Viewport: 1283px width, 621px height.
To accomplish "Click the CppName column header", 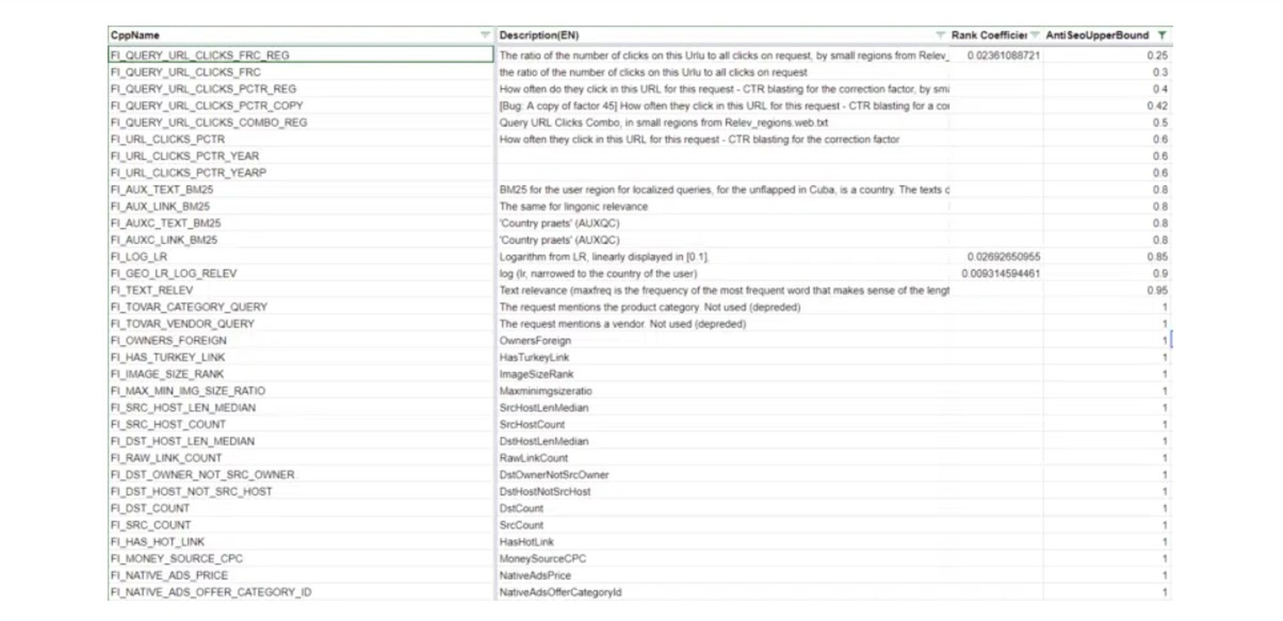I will pyautogui.click(x=135, y=35).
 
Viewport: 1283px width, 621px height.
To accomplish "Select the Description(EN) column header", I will pyautogui.click(x=539, y=35).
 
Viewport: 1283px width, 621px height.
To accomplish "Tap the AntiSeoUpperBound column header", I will pyautogui.click(x=1097, y=35).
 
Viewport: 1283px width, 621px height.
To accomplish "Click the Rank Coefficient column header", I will pyautogui.click(x=989, y=35).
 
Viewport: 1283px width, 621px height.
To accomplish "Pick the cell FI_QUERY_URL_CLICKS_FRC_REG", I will pyautogui.click(x=200, y=55).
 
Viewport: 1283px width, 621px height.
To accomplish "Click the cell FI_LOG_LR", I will pyautogui.click(x=139, y=257).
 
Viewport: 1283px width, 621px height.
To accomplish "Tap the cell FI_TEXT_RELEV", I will pyautogui.click(x=152, y=290).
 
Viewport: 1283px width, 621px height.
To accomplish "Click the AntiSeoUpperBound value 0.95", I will pyautogui.click(x=1157, y=290).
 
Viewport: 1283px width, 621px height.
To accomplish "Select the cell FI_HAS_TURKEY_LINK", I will pyautogui.click(x=168, y=357).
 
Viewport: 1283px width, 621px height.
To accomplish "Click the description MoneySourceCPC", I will pyautogui.click(x=542, y=559).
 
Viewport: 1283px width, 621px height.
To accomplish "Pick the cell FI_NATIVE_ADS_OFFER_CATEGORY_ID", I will pyautogui.click(x=211, y=592).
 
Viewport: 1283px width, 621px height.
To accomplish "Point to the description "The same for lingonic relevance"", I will pyautogui.click(x=573, y=207).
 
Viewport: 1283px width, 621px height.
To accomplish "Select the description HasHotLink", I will pyautogui.click(x=527, y=542).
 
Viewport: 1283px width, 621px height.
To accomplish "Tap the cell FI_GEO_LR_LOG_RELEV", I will pyautogui.click(x=174, y=273).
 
